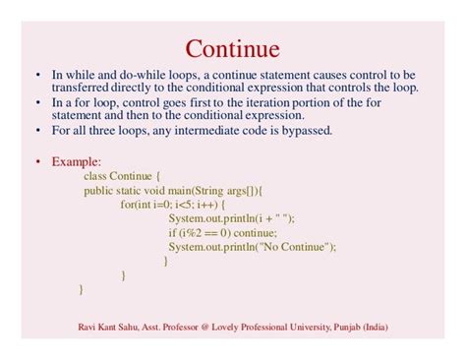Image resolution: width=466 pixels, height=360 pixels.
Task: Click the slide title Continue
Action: pos(233,48)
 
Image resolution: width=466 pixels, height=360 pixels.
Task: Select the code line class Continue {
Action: pos(129,176)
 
